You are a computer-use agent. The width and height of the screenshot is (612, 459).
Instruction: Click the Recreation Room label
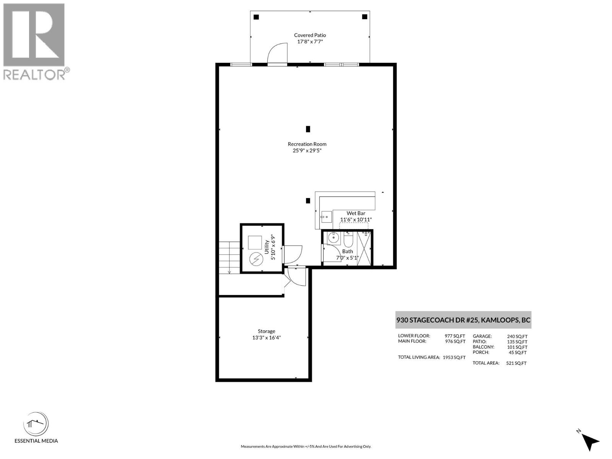[x=307, y=144]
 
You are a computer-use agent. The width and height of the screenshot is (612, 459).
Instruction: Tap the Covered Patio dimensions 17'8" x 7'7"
[x=310, y=41]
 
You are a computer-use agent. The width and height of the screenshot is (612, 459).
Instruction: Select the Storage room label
[x=266, y=331]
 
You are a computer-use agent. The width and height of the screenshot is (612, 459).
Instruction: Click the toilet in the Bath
[x=348, y=240]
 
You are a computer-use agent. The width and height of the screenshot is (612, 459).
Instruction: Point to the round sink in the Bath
[x=334, y=238]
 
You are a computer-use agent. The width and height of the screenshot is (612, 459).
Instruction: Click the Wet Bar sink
[x=326, y=217]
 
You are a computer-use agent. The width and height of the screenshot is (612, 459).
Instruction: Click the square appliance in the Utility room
[x=255, y=243]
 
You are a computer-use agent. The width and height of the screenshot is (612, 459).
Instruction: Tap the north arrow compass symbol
[x=590, y=441]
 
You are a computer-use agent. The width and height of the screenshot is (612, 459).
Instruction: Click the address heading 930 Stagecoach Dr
[x=463, y=320]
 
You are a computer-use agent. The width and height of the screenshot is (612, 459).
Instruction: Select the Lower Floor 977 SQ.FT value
[x=455, y=336]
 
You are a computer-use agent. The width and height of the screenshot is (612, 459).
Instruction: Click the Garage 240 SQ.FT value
[x=517, y=337]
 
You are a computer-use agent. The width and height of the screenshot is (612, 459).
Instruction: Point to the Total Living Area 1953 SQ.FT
[x=454, y=358]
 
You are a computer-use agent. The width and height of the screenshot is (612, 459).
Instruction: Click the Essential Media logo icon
[x=36, y=424]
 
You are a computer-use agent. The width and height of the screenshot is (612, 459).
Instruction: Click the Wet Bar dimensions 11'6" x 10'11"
[x=356, y=220]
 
